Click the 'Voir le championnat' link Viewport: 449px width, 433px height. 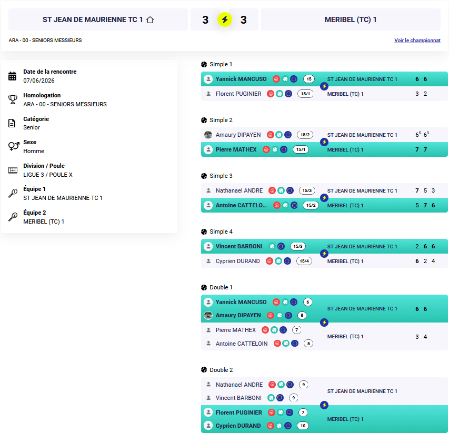[x=417, y=41]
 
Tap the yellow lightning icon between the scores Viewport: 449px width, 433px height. [x=225, y=19]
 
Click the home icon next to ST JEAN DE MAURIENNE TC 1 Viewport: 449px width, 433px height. [x=150, y=19]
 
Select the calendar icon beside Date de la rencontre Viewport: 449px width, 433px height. [x=12, y=76]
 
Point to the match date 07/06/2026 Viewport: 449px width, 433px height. [x=39, y=80]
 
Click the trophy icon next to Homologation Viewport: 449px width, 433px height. [x=13, y=99]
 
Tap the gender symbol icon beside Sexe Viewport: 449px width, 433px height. [x=14, y=146]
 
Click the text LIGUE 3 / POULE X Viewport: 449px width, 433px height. [x=48, y=175]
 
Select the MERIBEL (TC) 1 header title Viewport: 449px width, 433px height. [x=351, y=19]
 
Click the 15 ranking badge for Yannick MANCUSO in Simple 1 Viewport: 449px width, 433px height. [x=309, y=79]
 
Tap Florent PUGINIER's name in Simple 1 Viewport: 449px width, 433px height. [x=238, y=94]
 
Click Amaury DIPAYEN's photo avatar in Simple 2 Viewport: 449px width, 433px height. [x=208, y=135]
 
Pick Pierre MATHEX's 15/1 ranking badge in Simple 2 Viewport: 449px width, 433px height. [x=301, y=149]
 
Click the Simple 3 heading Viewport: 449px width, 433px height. [x=221, y=176]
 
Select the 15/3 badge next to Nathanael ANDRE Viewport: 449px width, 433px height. [x=307, y=190]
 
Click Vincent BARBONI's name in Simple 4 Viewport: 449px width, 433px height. [x=239, y=246]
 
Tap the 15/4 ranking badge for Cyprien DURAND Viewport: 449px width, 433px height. [x=304, y=261]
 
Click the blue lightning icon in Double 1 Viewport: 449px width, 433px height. [x=324, y=323]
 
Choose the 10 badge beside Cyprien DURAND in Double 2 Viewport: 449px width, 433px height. [x=303, y=426]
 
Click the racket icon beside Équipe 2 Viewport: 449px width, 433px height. [x=13, y=217]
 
